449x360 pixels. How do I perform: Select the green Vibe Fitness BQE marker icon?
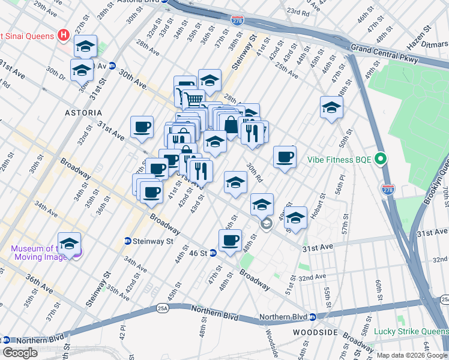(x=379, y=160)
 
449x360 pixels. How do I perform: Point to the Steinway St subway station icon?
(x=128, y=241)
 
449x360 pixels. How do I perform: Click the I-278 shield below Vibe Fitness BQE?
(x=387, y=189)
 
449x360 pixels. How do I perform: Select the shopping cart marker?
(x=193, y=99)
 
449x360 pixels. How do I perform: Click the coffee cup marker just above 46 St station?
(x=230, y=240)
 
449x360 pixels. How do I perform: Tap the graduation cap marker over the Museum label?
(x=70, y=244)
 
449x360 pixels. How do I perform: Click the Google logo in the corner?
(x=20, y=353)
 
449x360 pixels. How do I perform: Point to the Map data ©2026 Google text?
(x=412, y=355)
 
